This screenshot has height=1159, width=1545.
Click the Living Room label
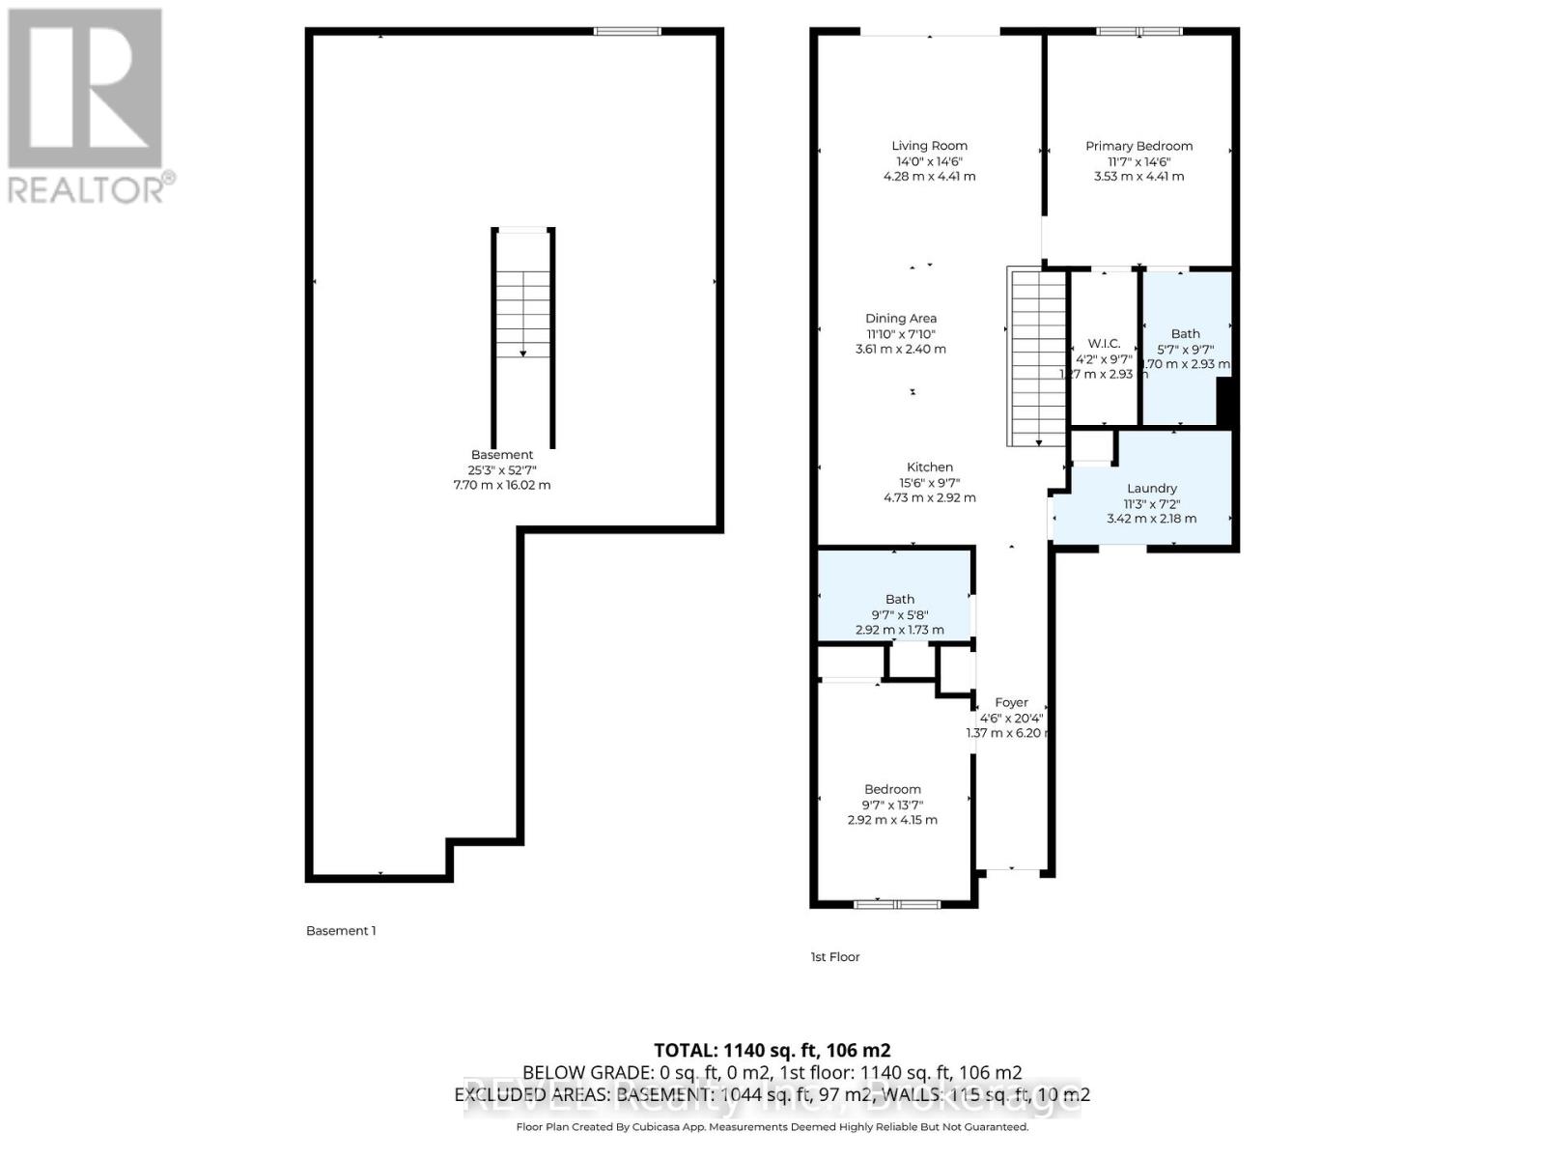[929, 146]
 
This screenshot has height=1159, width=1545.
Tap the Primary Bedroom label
[1138, 146]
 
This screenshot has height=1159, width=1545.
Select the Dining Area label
[900, 318]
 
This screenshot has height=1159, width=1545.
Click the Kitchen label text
[929, 466]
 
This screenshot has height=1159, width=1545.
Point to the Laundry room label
[1151, 488]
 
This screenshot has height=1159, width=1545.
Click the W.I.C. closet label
[1104, 343]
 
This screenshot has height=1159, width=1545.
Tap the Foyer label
[1011, 702]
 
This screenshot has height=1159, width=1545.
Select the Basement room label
[501, 455]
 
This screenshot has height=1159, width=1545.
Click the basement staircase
[523, 314]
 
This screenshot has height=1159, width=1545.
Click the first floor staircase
[1037, 357]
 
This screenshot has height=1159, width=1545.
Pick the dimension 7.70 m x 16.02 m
[501, 485]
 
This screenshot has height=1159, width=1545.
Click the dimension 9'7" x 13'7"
[892, 805]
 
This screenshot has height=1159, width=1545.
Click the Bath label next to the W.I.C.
[1185, 333]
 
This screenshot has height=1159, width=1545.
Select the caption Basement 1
[341, 931]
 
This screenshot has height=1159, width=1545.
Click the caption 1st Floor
[834, 957]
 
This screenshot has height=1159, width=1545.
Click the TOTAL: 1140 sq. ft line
[772, 1050]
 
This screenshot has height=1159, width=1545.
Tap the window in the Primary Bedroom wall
[1139, 32]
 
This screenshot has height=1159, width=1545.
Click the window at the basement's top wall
[628, 32]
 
